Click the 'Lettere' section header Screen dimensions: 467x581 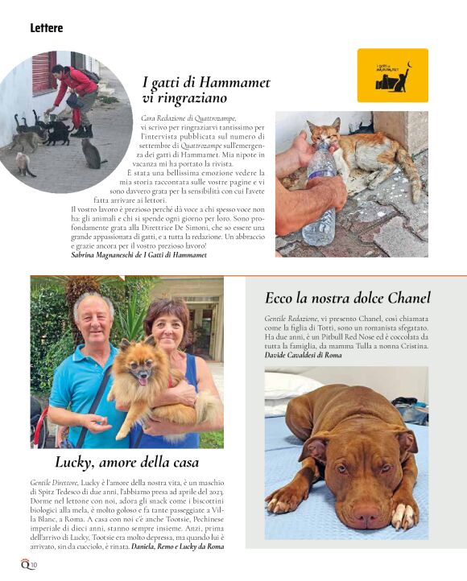[47, 28]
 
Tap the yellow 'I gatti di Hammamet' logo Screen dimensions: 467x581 [392, 75]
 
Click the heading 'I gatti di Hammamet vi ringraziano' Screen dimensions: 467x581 [206, 90]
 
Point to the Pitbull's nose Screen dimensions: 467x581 [367, 514]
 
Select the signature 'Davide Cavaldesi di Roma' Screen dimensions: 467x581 [304, 355]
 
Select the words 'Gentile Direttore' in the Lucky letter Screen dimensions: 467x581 [55, 482]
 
